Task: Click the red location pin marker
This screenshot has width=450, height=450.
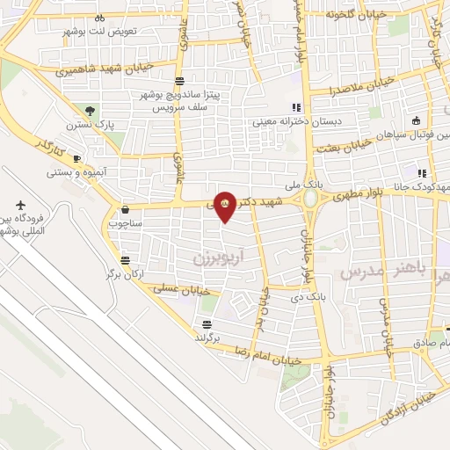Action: point(225,206)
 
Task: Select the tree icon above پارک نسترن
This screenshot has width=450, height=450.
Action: point(91,111)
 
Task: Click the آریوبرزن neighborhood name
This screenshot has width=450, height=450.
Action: point(216,257)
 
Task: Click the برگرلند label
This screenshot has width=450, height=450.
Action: point(221,337)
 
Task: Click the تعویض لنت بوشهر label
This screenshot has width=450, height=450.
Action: point(98,31)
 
